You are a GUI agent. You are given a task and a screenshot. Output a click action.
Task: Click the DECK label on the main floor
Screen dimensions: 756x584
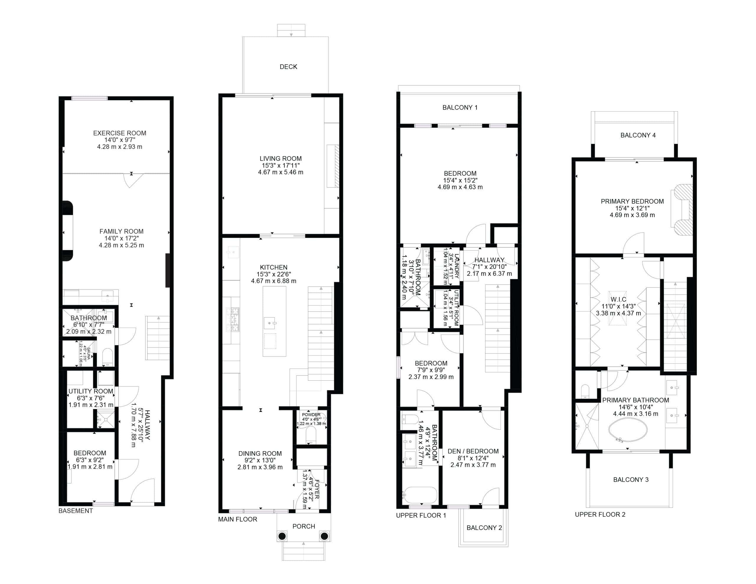point(288,67)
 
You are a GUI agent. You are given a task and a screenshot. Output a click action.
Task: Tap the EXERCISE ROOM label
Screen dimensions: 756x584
point(120,133)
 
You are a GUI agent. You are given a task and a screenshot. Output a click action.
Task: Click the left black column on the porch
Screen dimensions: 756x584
point(282,536)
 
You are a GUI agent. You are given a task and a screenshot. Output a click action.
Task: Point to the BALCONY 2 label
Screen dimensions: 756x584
point(484,528)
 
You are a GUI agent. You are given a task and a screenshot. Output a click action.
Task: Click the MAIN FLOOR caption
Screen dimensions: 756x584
point(237,519)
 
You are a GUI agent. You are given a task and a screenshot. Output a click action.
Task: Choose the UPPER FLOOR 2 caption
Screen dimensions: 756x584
point(600,514)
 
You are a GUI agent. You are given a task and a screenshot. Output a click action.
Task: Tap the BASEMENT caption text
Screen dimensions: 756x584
point(76,511)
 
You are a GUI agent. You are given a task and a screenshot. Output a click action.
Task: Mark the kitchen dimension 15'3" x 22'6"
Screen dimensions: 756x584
point(273,274)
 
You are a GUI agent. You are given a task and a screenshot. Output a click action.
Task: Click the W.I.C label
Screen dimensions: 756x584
point(618,299)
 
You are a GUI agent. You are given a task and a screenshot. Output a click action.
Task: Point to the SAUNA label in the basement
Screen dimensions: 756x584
point(89,353)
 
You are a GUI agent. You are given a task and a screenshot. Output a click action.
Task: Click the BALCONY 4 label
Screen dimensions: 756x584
point(638,135)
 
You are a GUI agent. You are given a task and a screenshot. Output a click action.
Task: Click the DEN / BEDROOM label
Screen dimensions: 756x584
point(473,451)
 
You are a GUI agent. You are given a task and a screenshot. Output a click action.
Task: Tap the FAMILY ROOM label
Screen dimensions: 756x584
point(121,231)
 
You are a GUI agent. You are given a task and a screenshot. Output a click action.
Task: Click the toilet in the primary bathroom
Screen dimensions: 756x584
point(585,391)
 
